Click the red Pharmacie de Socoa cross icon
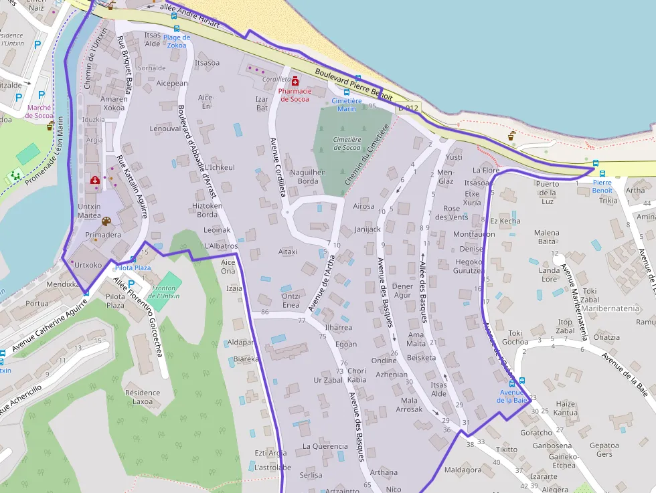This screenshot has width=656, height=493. click(x=295, y=81)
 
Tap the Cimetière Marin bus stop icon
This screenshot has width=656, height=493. click(x=346, y=92)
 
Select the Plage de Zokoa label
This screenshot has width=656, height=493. click(x=177, y=41)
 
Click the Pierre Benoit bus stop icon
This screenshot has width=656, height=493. click(x=595, y=163)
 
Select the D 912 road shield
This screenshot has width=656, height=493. click(x=408, y=108)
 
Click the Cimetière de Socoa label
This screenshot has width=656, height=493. click(x=347, y=143)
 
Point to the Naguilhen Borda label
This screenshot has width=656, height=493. click(x=308, y=177)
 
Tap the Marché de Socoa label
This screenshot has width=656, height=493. click(x=39, y=111)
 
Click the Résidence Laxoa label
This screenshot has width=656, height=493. click(x=143, y=397)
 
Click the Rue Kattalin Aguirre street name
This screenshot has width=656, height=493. click(x=131, y=187)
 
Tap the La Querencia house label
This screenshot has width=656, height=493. click(x=325, y=446)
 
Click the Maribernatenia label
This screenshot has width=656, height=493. click(x=610, y=309)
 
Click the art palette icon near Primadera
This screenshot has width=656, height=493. click(x=106, y=221)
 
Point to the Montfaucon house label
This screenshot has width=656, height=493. click(x=474, y=234)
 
